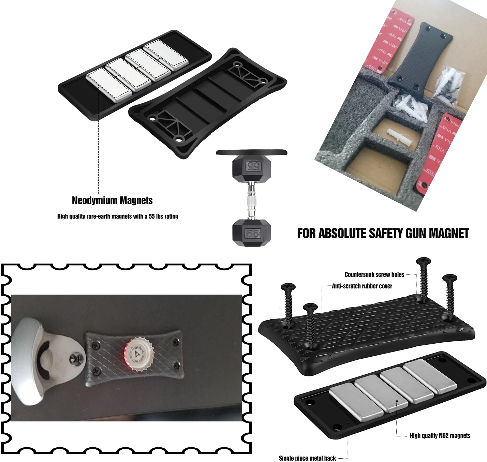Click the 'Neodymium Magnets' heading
coord(112,200)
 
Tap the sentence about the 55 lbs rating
coord(118,216)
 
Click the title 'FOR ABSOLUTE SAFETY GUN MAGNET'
coord(383,234)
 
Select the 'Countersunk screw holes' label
coord(374,274)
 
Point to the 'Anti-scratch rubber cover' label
coord(362,286)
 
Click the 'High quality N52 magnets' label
coord(440,435)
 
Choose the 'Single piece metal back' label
coord(307,458)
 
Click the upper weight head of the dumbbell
coord(252,167)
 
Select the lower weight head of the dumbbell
coord(252,233)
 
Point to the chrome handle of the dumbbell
coord(252,201)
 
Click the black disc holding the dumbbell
coord(252,152)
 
